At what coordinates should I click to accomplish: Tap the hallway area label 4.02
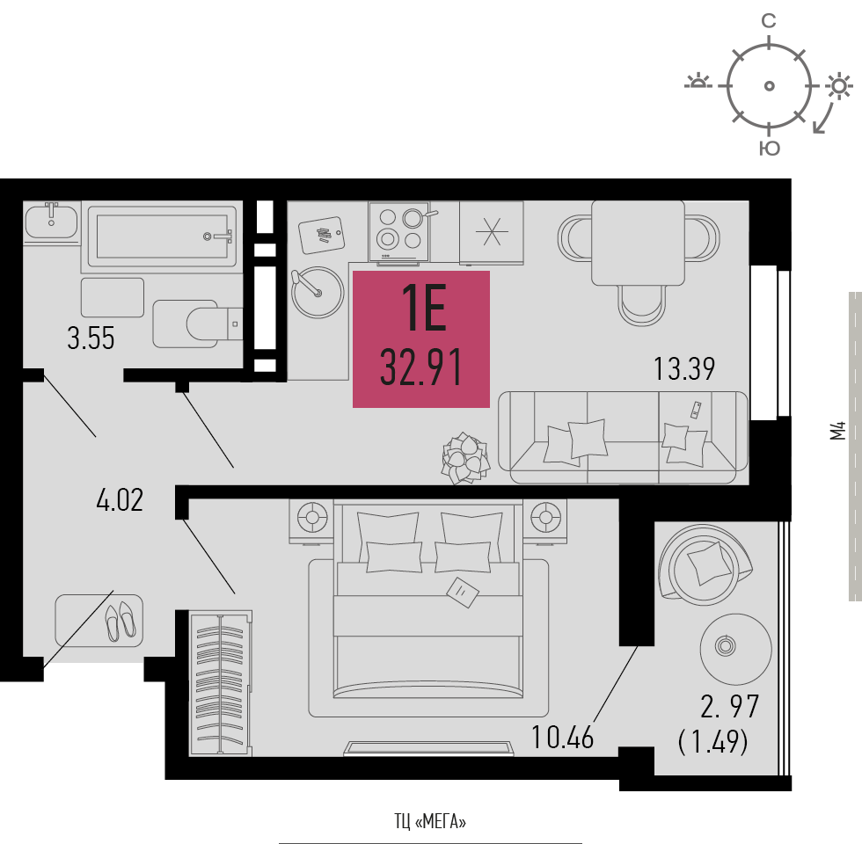pos(119,501)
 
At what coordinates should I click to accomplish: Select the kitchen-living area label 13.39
pos(684,368)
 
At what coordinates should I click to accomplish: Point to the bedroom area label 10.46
pos(563,737)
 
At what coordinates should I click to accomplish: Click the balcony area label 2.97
pos(729,706)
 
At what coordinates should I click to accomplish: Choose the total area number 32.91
pos(421,368)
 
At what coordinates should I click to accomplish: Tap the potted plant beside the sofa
pos(464,458)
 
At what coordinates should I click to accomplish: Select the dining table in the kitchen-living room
pos(638,243)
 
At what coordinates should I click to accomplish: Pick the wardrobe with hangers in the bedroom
pos(220,684)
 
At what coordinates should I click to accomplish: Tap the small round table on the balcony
pos(725,647)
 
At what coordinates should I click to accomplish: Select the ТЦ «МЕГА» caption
pos(430,822)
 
